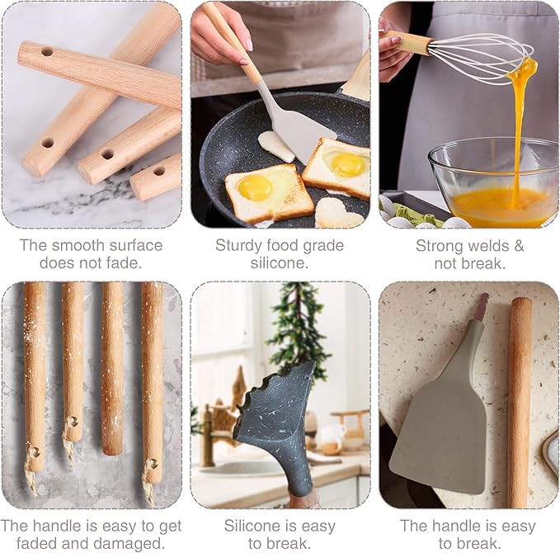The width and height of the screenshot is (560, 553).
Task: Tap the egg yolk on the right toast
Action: coord(347,164)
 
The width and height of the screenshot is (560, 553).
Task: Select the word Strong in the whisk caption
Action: coord(440,245)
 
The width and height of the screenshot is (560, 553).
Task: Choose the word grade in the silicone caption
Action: coord(322,245)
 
